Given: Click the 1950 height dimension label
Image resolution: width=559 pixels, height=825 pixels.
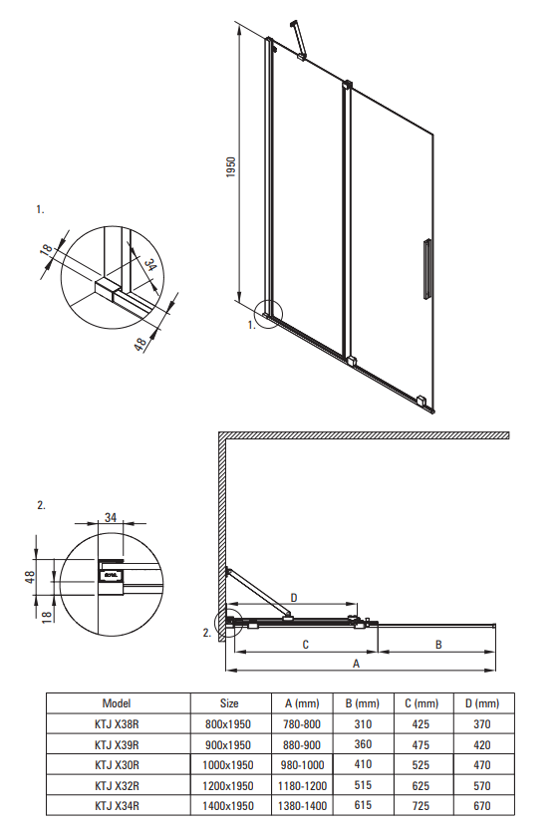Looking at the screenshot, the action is click(x=231, y=166).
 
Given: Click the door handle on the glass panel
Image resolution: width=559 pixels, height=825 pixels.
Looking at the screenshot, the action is click(x=426, y=268).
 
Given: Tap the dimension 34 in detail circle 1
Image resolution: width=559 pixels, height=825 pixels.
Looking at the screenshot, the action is click(x=150, y=265).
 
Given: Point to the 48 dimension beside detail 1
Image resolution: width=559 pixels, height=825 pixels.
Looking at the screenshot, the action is click(x=140, y=345).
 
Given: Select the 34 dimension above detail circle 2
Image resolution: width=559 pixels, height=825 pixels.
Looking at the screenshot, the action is click(x=110, y=518).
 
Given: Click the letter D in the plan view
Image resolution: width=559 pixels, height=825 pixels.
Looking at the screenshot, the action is click(x=294, y=598).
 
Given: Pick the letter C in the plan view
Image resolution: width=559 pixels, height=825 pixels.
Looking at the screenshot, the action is click(x=305, y=645).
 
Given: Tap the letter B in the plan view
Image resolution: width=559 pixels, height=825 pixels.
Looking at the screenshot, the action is click(x=438, y=645).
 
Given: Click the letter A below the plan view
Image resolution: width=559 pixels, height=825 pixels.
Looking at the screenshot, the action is click(x=356, y=664).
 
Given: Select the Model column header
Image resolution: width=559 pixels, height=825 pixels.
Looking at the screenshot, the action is click(x=117, y=703).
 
